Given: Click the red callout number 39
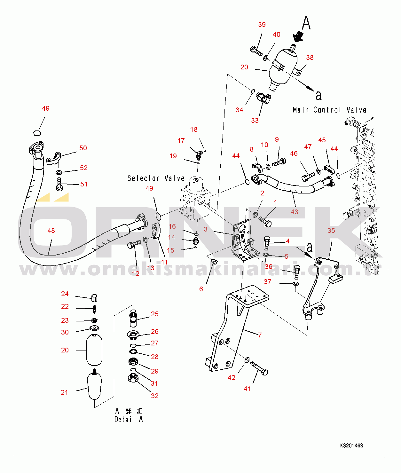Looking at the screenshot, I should [262, 25].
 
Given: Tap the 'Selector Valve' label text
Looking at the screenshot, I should [156, 178].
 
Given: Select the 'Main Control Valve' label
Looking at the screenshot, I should [329, 110].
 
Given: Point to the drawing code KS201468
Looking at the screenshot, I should [351, 445].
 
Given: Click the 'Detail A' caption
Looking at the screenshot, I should [129, 419].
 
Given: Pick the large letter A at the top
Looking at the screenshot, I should [306, 23].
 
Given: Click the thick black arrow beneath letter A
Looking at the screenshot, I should [298, 36].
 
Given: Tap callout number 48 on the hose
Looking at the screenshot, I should [51, 231].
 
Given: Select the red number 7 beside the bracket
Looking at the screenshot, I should [260, 335].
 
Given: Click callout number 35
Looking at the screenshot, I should [331, 231].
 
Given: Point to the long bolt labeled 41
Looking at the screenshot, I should [259, 368].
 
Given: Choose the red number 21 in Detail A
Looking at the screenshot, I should [65, 392].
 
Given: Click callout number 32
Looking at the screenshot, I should [155, 396].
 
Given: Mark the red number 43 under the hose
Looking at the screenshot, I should [294, 212].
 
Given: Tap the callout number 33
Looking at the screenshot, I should [255, 121].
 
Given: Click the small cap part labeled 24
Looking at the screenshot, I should [94, 298].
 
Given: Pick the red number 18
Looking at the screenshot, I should [194, 130].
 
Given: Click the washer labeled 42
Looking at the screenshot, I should [247, 360].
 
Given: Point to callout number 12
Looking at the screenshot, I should [136, 273].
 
